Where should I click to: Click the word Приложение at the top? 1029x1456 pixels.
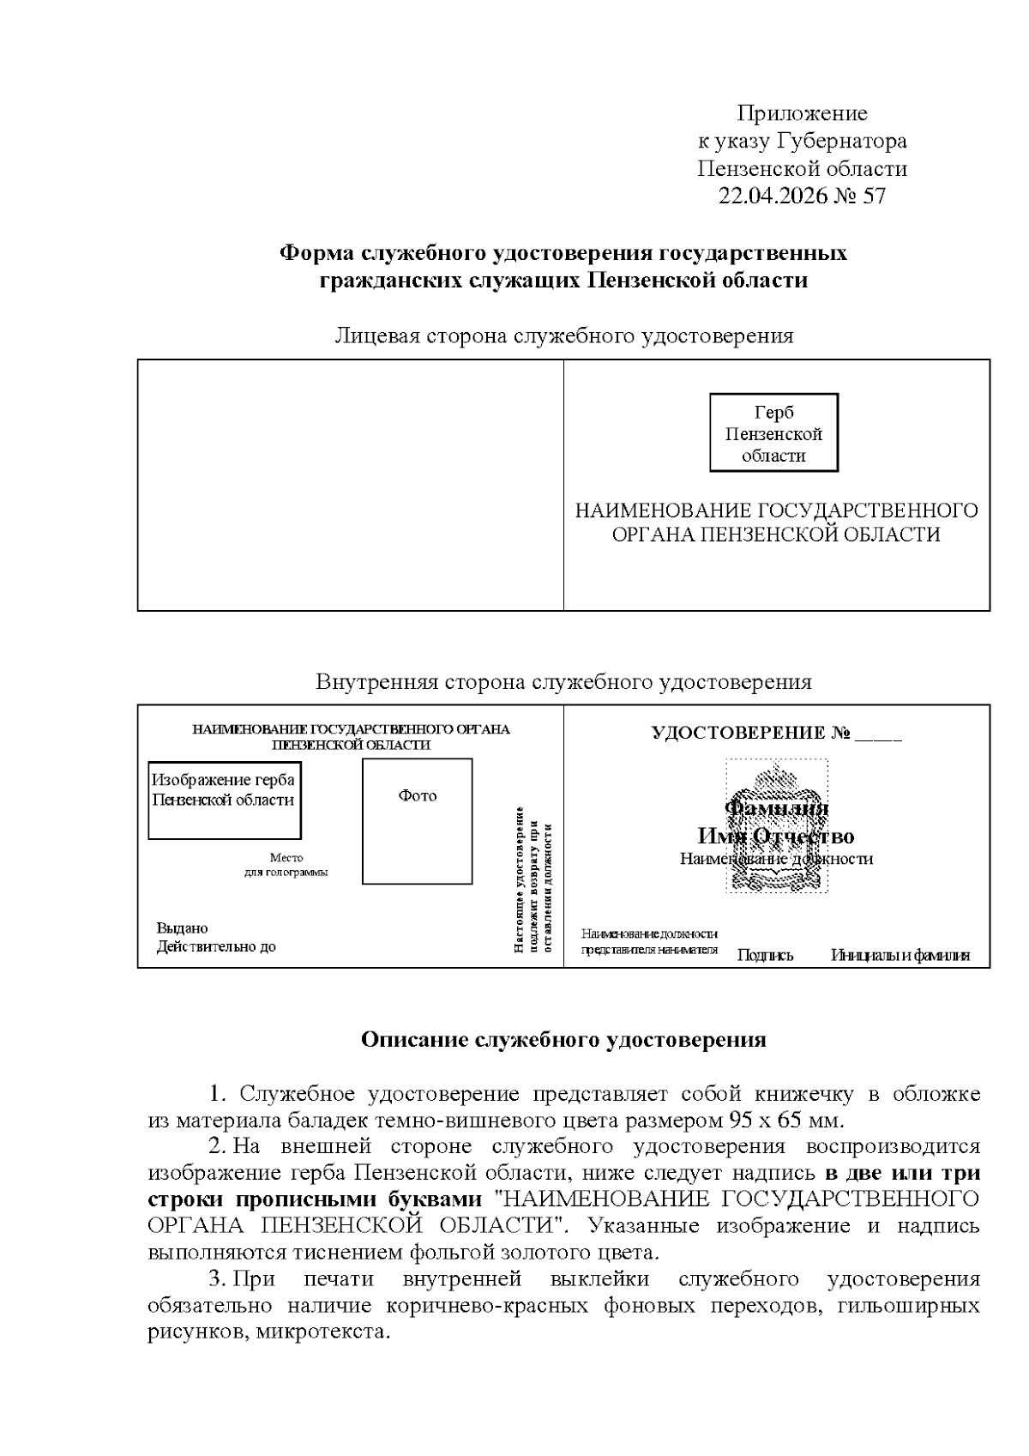click(x=803, y=113)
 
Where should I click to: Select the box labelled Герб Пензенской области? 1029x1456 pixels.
click(x=773, y=433)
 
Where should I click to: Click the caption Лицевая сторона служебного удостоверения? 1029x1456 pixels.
click(x=563, y=335)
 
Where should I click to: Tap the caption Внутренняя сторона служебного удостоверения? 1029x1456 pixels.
click(x=563, y=682)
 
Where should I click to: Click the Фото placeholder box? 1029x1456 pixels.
click(x=417, y=821)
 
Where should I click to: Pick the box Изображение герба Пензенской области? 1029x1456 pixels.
click(x=224, y=800)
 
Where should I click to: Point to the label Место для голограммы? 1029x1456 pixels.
click(x=286, y=865)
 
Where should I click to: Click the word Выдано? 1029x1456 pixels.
click(x=182, y=927)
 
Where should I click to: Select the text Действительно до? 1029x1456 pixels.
click(x=216, y=947)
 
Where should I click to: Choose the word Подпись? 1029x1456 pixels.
click(x=765, y=955)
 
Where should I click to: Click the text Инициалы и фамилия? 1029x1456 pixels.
click(x=900, y=955)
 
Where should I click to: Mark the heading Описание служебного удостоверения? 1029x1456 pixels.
click(x=563, y=1040)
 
